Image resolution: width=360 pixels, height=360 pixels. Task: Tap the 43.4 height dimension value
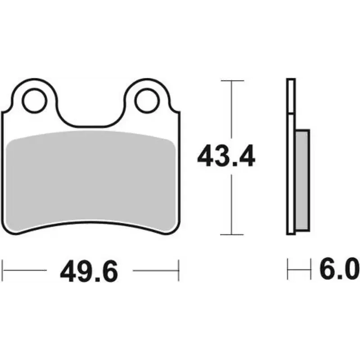point(226,155)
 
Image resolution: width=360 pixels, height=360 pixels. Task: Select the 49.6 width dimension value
point(89,271)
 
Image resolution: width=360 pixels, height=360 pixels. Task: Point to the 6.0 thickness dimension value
point(339,269)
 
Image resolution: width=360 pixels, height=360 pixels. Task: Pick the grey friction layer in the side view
point(302,180)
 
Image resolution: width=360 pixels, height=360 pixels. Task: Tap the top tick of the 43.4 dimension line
point(232,81)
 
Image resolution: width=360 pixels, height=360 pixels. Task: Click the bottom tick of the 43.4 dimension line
point(232,234)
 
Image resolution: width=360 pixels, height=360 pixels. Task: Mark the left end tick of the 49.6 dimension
point(3,270)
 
